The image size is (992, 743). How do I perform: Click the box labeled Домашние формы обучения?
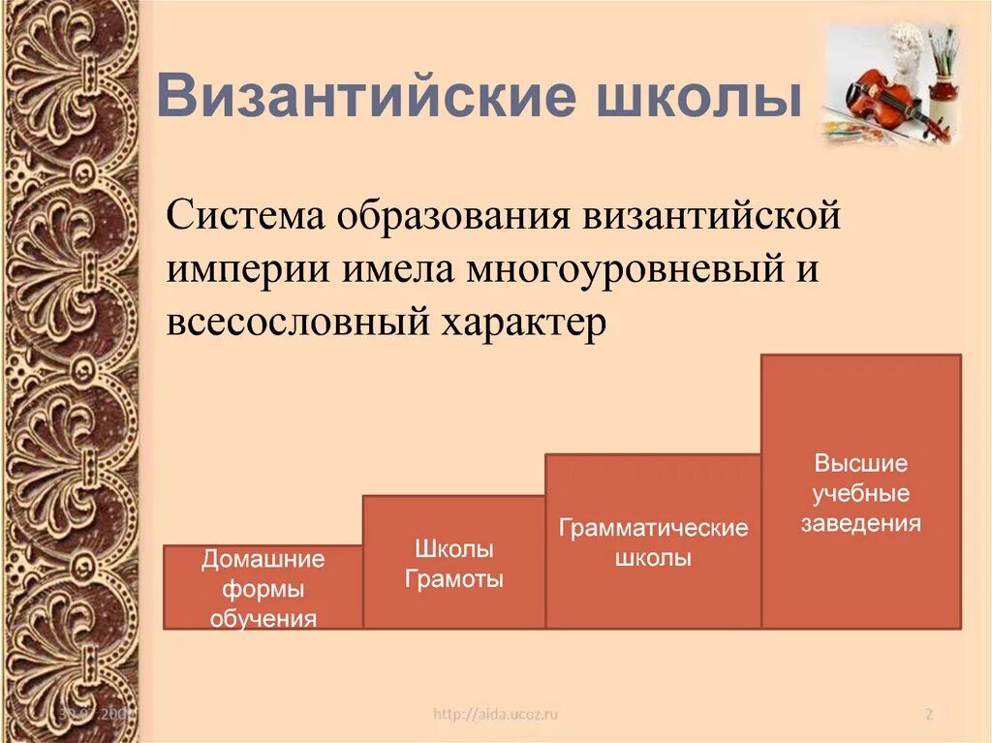point(263,587)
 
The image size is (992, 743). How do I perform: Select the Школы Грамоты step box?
point(453,563)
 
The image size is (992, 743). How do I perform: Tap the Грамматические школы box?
point(653,542)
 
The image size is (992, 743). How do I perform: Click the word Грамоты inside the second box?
point(453,581)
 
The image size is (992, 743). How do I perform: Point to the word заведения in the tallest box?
point(860,524)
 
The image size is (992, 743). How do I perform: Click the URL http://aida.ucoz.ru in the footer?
point(496,715)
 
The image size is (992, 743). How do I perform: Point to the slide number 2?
point(928,715)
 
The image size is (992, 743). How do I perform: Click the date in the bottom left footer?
point(96,715)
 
